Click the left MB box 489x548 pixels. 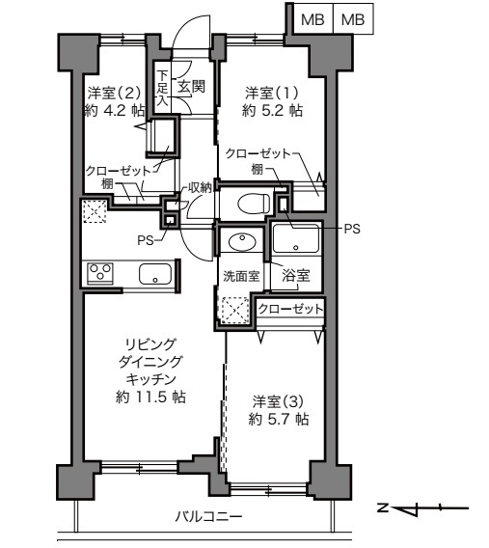coord(312,18)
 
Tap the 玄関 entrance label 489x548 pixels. coord(191,87)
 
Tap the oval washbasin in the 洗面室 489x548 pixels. coord(241,241)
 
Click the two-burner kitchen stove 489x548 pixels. coord(98,273)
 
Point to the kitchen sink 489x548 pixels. coord(154,274)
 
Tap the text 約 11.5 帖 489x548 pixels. coord(150,397)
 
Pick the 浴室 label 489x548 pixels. coord(295,276)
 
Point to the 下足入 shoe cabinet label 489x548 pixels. coord(163,87)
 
